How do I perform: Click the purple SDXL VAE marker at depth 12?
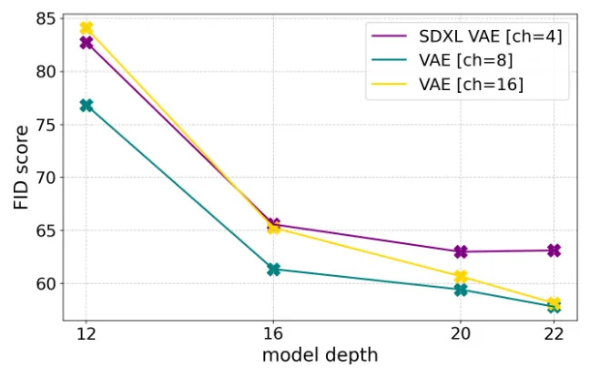click(86, 43)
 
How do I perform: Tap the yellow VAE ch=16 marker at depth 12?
click(86, 28)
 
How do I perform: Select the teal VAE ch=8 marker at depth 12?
click(86, 106)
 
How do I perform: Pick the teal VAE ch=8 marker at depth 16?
click(273, 270)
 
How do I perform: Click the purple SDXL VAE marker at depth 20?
click(461, 251)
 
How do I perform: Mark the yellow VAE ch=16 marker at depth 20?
click(461, 277)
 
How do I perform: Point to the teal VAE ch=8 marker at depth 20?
click(461, 290)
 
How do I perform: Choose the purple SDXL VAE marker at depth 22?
click(554, 250)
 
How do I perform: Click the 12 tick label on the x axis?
click(86, 333)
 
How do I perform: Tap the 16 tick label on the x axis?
click(273, 333)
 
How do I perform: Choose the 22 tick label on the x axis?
click(554, 333)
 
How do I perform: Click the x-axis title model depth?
click(320, 354)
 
